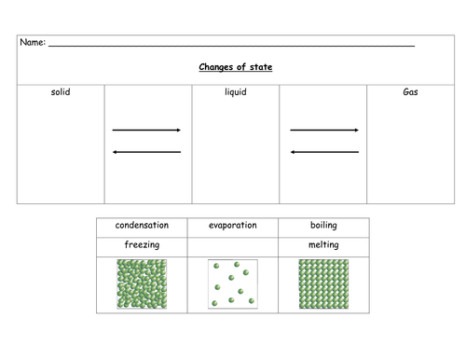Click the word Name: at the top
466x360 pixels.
(33, 42)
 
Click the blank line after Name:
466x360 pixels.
(231, 46)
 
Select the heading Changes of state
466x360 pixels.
(236, 67)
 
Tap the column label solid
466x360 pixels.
(61, 92)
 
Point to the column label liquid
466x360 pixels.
(236, 92)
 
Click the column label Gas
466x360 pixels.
(410, 92)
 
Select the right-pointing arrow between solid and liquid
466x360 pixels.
(146, 130)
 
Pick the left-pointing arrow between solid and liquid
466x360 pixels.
(146, 152)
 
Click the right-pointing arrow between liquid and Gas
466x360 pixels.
(324, 130)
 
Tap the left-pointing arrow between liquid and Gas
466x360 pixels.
(324, 152)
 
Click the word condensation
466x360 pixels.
(142, 225)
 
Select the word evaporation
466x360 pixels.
(233, 226)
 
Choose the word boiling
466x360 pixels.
(323, 226)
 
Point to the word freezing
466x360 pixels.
(142, 245)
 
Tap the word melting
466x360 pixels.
(323, 245)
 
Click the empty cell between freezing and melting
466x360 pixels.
(233, 247)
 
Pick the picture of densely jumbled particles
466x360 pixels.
(142, 284)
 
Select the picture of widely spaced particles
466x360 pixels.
(233, 284)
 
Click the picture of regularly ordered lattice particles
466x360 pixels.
(323, 284)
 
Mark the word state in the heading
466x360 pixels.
(261, 67)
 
